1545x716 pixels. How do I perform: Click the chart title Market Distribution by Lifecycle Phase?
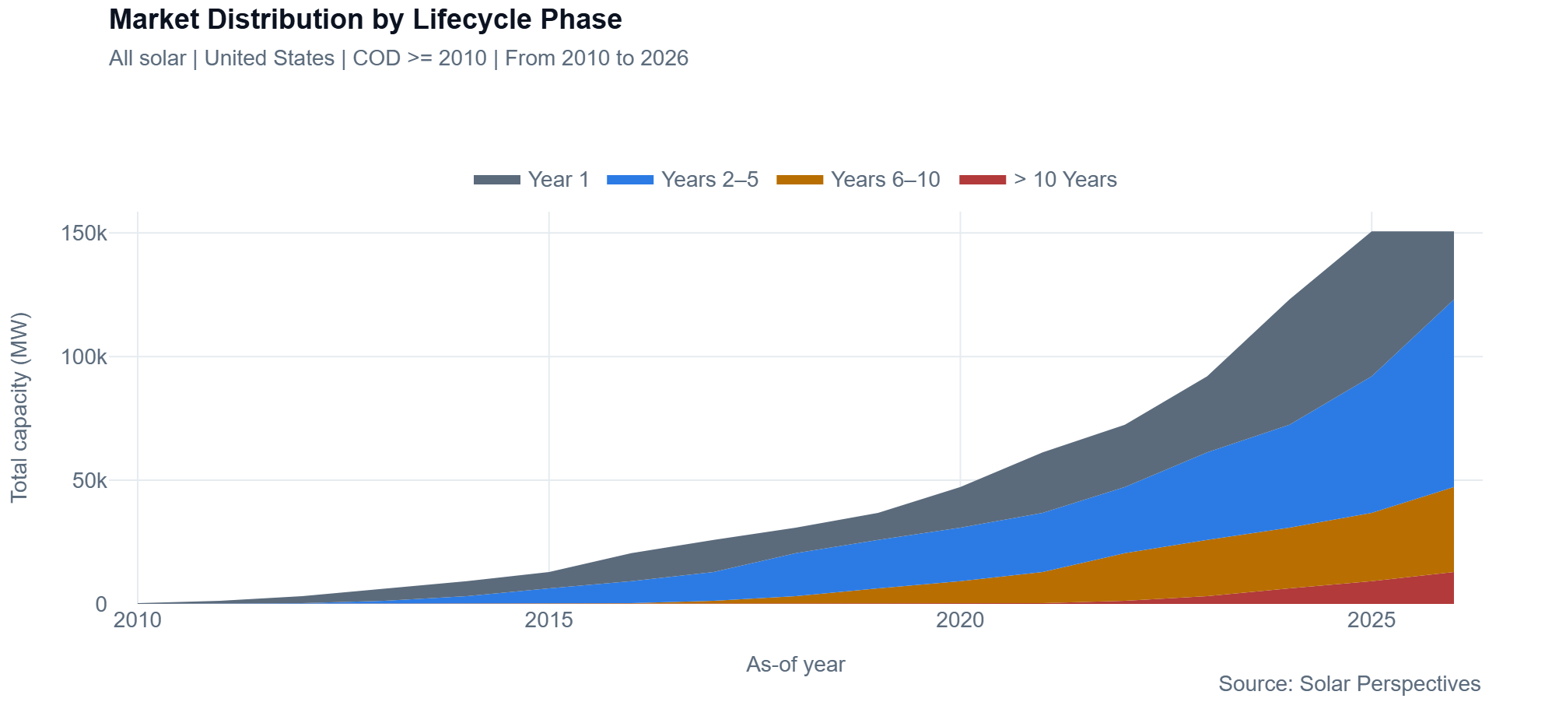pos(365,19)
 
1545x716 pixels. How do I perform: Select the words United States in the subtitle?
pos(269,58)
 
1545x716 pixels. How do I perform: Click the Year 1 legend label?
pos(558,180)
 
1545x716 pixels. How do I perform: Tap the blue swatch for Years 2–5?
pos(629,180)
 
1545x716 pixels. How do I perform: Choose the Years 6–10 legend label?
pos(885,180)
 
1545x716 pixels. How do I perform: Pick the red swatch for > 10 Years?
pos(983,180)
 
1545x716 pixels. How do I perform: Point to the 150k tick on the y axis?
pos(84,233)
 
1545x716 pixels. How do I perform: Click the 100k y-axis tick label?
pos(84,357)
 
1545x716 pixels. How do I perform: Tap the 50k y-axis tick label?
pos(89,481)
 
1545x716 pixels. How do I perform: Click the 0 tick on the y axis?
pos(101,604)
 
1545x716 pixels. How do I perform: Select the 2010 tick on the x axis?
pos(138,620)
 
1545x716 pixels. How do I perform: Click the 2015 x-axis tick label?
pos(548,620)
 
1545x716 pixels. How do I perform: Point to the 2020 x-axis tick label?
pos(960,620)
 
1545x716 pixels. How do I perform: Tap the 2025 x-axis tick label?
pos(1372,620)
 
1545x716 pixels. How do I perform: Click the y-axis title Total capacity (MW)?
pos(19,408)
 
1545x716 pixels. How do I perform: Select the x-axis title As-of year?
pos(795,665)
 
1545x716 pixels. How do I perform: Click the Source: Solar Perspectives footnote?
pos(1349,684)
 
